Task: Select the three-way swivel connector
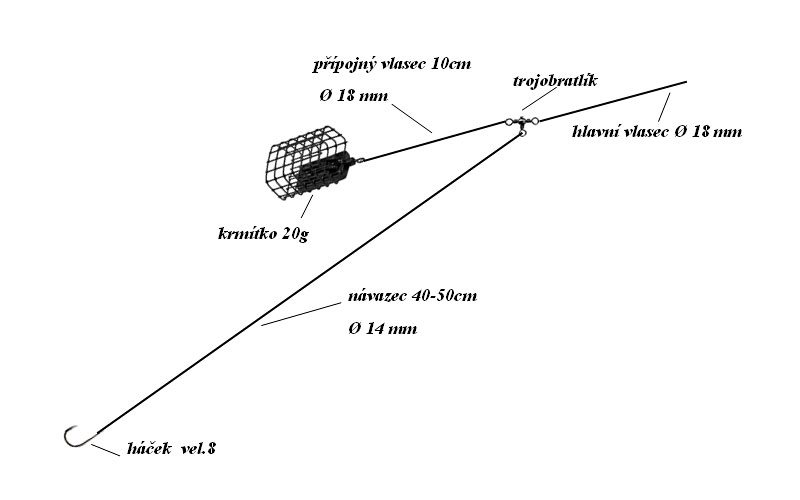pos(521,123)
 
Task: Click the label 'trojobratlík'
pos(555,81)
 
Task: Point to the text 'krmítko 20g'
pos(263,234)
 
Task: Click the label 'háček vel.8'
pos(171,448)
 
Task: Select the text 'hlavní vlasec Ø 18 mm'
pos(657,132)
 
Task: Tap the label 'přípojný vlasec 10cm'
pos(392,64)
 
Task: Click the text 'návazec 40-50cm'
pos(413,296)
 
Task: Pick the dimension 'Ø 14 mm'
pos(383,329)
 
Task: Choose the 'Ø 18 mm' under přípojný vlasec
pos(354,96)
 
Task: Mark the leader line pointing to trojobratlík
pos(538,98)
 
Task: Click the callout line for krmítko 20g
pos(307,206)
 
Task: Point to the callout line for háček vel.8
pos(105,450)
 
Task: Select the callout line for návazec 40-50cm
pos(301,314)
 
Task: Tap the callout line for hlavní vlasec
pos(664,107)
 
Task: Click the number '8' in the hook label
pos(211,448)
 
